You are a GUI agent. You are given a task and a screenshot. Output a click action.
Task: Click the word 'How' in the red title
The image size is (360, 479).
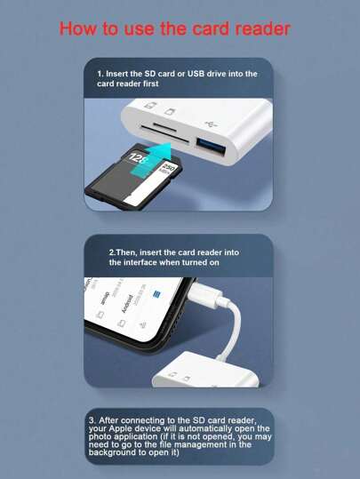[x=77, y=28]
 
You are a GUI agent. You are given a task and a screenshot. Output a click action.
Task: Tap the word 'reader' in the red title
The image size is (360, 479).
[x=258, y=28]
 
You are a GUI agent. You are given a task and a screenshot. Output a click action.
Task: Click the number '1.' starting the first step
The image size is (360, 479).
[x=100, y=74]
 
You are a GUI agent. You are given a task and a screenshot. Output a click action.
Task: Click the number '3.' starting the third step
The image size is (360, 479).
[x=92, y=419]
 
